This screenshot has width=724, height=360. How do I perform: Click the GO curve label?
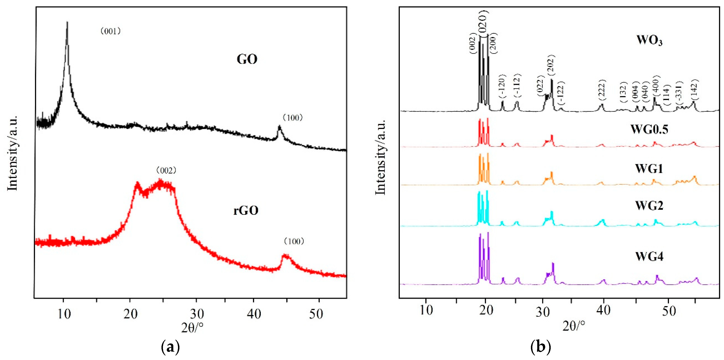pos(247,59)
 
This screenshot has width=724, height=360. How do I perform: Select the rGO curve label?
pos(246,210)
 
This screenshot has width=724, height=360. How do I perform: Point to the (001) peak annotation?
pos(111,31)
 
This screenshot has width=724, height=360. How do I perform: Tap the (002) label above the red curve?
pos(166,170)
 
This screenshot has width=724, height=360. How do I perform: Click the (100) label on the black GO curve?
pos(293,118)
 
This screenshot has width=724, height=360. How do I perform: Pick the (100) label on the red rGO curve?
pos(294,241)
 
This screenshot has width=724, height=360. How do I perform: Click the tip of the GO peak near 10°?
pos(67,22)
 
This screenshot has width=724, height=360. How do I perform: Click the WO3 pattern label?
pos(649,40)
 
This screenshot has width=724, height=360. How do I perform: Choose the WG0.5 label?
pos(649,129)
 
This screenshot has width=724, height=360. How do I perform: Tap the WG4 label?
pos(649,257)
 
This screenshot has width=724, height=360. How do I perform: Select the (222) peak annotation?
pos(601,90)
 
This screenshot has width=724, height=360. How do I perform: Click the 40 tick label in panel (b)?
pos(604,310)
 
